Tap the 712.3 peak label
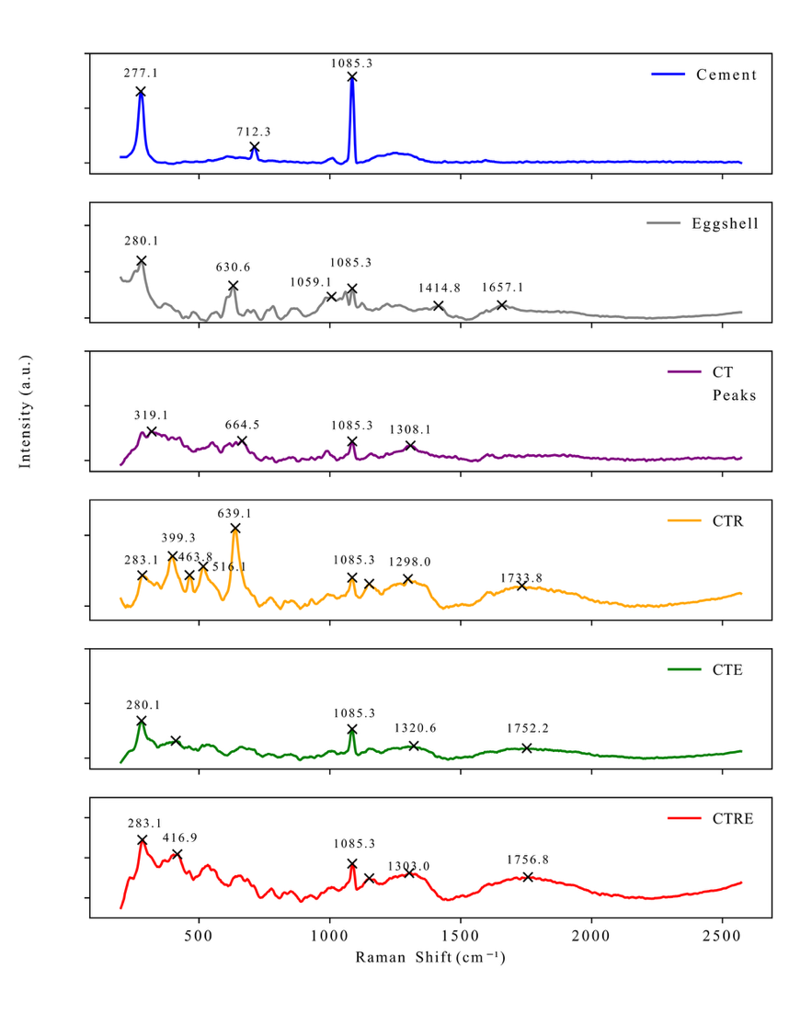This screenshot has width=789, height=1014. coord(254,131)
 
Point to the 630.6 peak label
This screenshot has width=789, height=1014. coord(233,268)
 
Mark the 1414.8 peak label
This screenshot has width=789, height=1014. coord(438,289)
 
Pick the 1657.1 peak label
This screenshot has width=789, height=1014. coord(501,288)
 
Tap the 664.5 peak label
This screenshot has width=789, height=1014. coord(243,425)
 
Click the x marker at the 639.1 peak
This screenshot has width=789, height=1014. coord(235,529)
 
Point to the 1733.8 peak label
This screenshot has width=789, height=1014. coord(521,577)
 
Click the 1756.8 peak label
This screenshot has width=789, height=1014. coord(528,860)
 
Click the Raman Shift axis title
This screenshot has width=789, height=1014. coord(430,958)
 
